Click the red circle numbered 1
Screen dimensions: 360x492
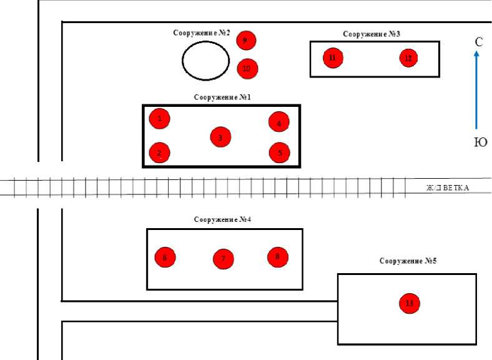tap(160, 117)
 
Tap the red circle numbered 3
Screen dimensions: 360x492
tap(220, 137)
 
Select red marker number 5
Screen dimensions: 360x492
tap(279, 152)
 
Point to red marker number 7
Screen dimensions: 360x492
tap(223, 258)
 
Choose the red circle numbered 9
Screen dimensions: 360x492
tap(246, 41)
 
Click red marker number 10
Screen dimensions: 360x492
tap(247, 68)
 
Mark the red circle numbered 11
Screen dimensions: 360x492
tap(333, 58)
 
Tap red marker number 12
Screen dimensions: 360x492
tap(408, 58)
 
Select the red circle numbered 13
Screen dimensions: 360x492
tap(410, 303)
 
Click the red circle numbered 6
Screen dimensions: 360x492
tap(165, 257)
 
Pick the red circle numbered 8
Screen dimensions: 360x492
tap(278, 256)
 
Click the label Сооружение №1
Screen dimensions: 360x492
tap(222, 97)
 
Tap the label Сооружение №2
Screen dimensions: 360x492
tap(202, 32)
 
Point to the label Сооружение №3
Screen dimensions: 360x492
tap(371, 34)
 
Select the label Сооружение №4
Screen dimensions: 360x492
tap(222, 220)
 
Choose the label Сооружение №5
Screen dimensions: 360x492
tap(408, 261)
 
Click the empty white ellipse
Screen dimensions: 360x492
tap(205, 61)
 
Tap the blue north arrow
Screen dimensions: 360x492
tap(476, 91)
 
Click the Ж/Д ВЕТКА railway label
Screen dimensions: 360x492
tap(448, 187)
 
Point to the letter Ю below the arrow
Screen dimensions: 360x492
tap(480, 142)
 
